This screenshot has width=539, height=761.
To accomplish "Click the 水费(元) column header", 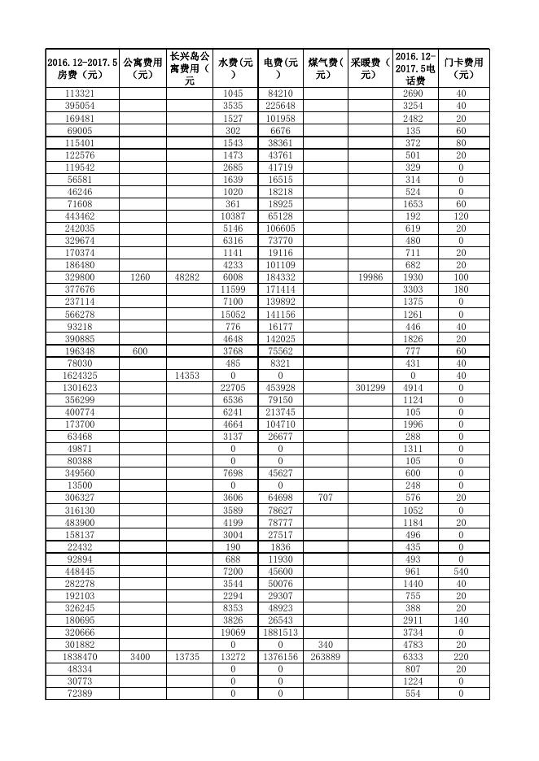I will click(x=234, y=68).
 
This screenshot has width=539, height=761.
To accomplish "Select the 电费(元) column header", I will click(x=280, y=68).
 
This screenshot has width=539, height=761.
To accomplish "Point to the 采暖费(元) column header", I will click(x=370, y=68).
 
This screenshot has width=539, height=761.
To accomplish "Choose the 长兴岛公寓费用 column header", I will click(x=189, y=68).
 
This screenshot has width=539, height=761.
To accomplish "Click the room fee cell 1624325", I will click(x=81, y=376).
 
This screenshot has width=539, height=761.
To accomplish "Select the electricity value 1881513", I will click(x=280, y=633).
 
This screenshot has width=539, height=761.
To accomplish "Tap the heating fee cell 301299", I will click(x=370, y=388).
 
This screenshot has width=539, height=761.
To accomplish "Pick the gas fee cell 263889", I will click(x=325, y=657).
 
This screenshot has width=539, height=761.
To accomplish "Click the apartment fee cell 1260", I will click(x=142, y=277).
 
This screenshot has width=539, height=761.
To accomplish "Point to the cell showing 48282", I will click(x=189, y=277).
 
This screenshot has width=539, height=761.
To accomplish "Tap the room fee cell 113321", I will click(x=81, y=93).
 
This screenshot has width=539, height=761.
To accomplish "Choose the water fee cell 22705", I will click(x=234, y=388).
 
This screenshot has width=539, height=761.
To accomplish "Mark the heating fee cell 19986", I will click(x=370, y=277).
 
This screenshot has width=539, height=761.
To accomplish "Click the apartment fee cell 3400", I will click(x=142, y=657).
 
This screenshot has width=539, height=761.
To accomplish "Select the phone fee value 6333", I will click(x=415, y=657).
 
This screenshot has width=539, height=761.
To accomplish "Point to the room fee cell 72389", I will click(x=81, y=694).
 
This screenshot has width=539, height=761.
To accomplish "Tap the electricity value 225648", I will click(x=280, y=106).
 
